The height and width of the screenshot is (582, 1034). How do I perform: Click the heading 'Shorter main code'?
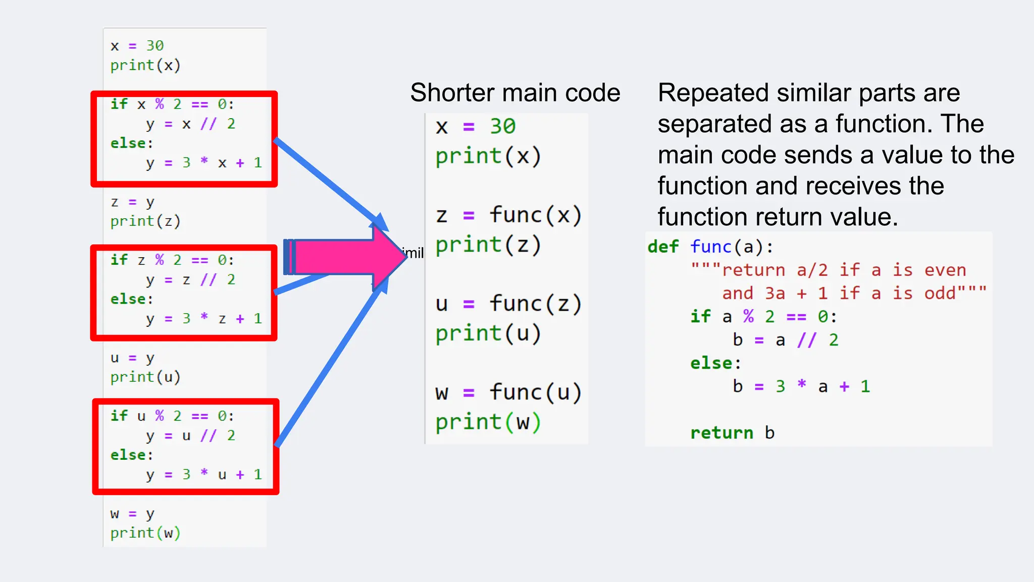515,93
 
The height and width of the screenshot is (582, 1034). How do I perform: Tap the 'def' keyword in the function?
663,247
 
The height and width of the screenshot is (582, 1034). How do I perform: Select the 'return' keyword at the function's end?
721,433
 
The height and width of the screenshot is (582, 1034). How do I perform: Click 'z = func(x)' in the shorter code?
508,215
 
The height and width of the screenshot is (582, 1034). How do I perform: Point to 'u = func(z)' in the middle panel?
508,304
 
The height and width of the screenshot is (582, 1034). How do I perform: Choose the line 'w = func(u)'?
508,393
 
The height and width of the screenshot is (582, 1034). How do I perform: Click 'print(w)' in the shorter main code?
488,422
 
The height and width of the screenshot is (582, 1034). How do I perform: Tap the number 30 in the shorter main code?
502,126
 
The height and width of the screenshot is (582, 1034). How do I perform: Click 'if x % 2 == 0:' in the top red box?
172,104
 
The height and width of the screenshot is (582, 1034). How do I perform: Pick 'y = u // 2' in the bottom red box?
190,435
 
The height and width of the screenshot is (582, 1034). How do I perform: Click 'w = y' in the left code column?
132,514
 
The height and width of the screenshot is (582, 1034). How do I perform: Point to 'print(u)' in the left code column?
145,377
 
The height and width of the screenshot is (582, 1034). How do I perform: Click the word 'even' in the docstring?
945,270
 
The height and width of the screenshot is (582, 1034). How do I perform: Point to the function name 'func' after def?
710,247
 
